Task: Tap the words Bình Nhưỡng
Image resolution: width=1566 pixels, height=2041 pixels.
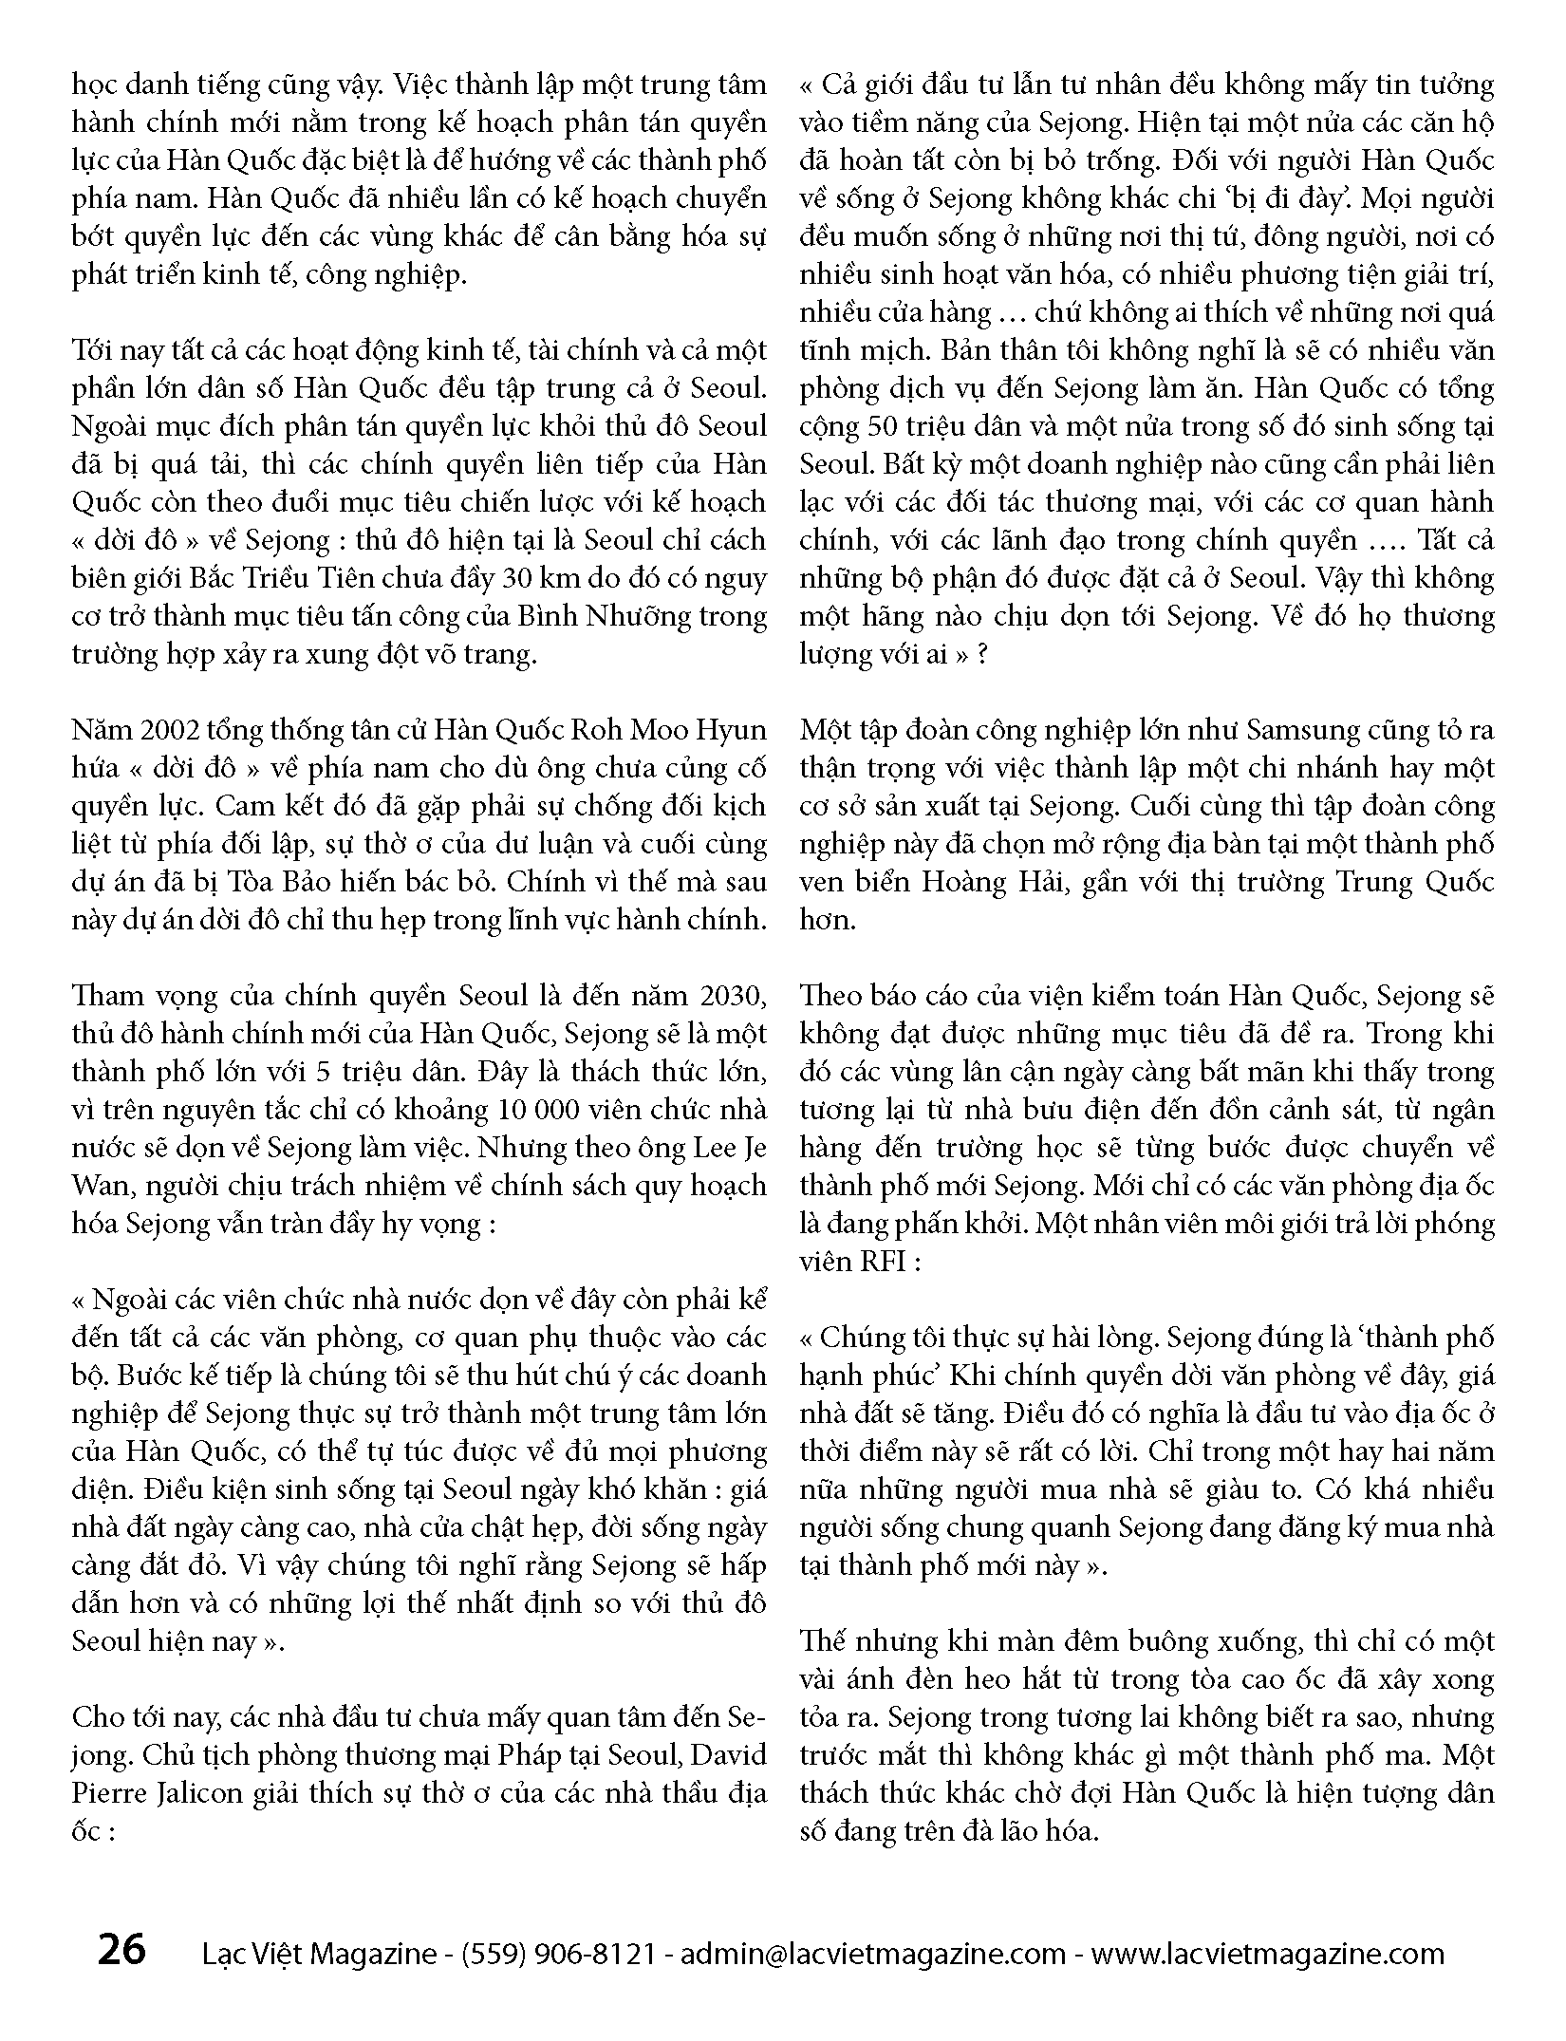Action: [x=599, y=616]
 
